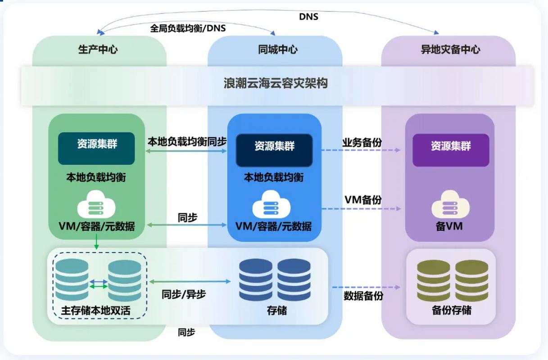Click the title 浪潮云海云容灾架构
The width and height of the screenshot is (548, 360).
click(276, 83)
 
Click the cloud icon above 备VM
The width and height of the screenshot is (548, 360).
click(450, 207)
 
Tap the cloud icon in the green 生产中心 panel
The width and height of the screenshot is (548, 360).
click(96, 206)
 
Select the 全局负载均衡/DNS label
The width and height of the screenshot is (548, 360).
click(188, 28)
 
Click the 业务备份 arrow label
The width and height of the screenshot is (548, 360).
click(362, 143)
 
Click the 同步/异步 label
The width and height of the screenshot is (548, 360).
click(184, 294)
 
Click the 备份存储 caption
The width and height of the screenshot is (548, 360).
click(451, 310)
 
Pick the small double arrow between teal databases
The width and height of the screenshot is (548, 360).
click(99, 284)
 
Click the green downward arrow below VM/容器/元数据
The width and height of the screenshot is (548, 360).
click(96, 243)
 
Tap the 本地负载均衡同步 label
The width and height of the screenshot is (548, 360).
click(187, 141)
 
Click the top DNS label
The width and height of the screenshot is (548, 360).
click(308, 17)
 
